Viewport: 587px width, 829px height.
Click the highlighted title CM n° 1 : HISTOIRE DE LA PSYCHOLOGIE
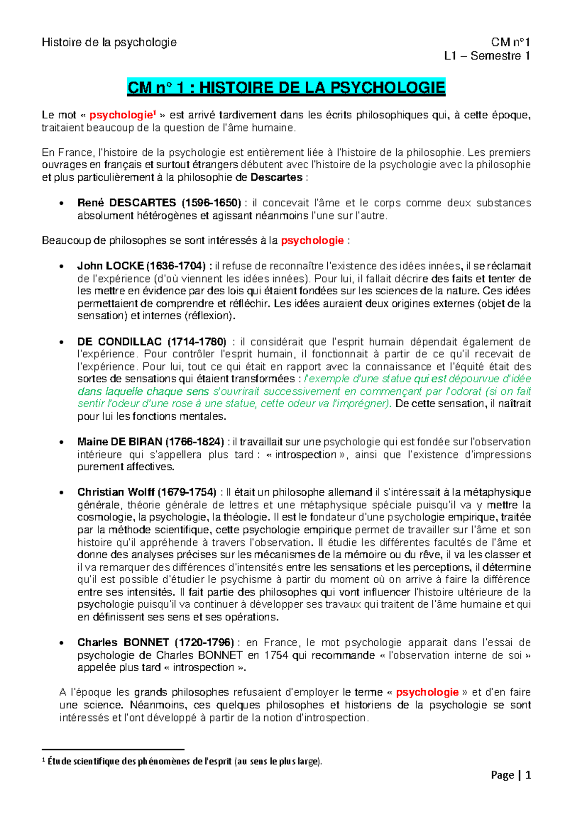(286, 88)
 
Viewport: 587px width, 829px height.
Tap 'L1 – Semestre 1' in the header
(487, 56)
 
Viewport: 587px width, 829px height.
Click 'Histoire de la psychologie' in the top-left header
(109, 43)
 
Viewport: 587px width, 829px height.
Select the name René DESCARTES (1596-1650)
(159, 203)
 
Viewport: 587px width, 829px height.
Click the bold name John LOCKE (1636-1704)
(144, 266)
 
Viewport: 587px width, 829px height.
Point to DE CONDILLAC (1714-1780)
(152, 342)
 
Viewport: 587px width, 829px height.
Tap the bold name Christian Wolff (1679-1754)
(147, 492)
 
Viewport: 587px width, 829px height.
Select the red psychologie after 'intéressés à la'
(313, 240)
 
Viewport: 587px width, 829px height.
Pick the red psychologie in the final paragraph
(427, 692)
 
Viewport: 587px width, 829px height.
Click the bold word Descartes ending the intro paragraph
(276, 177)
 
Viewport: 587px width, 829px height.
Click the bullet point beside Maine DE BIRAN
(61, 442)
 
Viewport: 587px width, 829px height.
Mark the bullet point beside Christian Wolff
(61, 493)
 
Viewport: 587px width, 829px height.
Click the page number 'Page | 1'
(511, 775)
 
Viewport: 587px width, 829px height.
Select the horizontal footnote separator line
(113, 749)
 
